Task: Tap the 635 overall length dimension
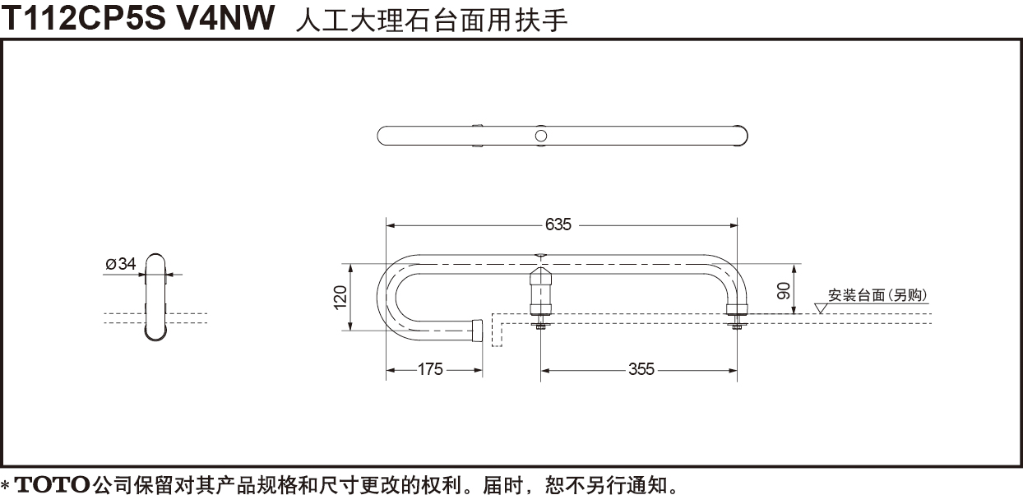click(558, 224)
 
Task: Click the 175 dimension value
click(430, 369)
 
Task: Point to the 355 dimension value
click(641, 369)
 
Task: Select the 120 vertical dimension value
click(340, 298)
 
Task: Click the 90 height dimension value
click(783, 291)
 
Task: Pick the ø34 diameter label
click(121, 263)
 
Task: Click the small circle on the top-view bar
click(541, 136)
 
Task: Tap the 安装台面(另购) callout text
click(877, 295)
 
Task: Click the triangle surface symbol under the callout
click(821, 308)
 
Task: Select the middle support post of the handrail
click(540, 291)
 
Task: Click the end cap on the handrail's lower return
click(477, 331)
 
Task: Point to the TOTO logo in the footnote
click(52, 483)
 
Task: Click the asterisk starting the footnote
click(6, 484)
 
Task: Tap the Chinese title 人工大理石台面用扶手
click(432, 21)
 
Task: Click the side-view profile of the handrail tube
click(155, 298)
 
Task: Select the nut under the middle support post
click(540, 325)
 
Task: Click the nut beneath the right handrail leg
click(736, 326)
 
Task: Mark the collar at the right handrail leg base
click(737, 310)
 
